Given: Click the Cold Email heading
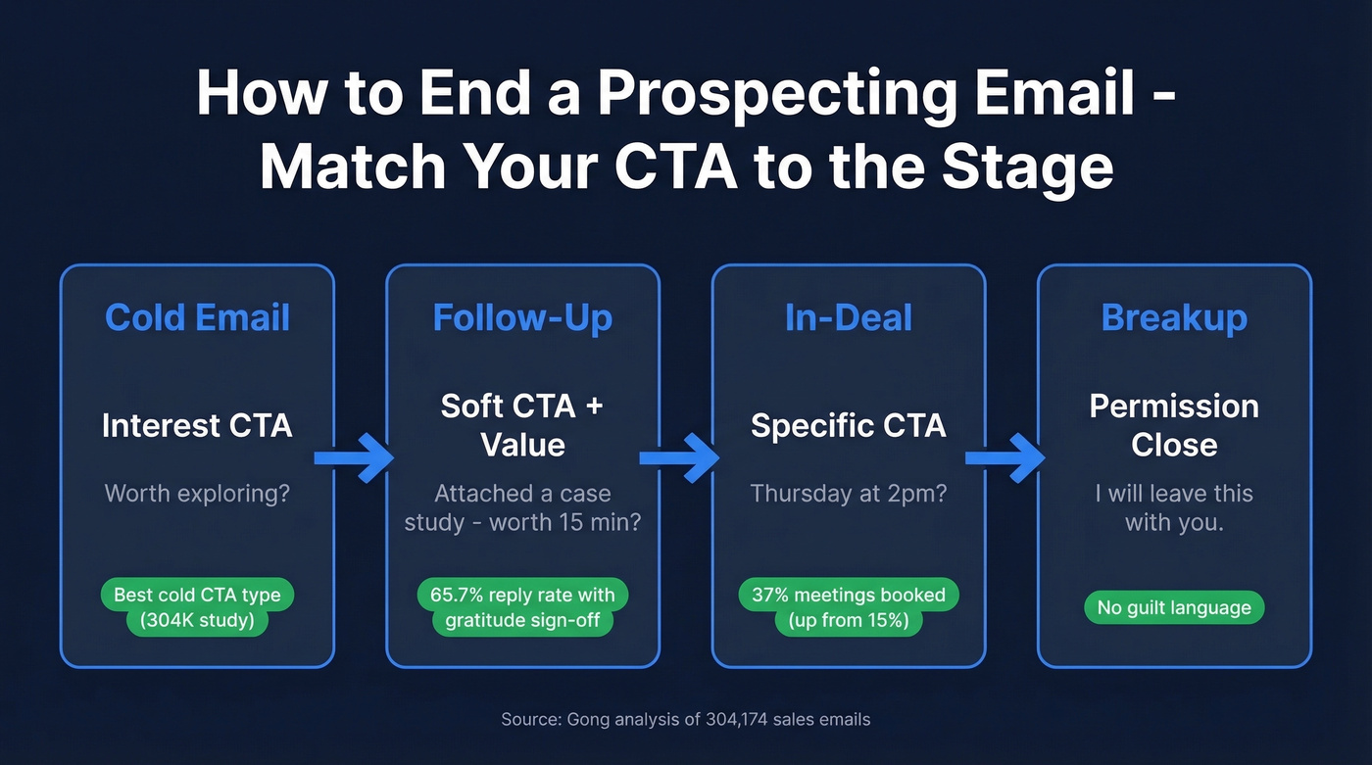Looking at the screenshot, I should [x=197, y=318].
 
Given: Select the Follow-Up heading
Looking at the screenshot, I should [x=522, y=318].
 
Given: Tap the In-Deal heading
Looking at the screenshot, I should [x=849, y=318].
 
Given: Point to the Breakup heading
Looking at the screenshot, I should [x=1174, y=318].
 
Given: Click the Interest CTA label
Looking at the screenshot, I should [x=197, y=426].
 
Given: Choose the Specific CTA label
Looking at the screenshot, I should [x=849, y=426].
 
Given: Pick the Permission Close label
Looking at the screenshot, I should [x=1174, y=425].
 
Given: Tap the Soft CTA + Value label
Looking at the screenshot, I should [x=522, y=425].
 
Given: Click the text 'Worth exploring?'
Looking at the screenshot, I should [x=197, y=493].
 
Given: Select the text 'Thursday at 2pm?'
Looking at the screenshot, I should [x=849, y=493].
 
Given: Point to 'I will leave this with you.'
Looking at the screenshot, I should [x=1174, y=507].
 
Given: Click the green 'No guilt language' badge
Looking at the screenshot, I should [x=1174, y=607].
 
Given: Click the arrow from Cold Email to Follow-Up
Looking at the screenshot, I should [x=354, y=458].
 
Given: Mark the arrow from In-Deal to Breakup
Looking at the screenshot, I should [x=1005, y=458].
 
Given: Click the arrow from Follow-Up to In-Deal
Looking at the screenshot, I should [x=679, y=458].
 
